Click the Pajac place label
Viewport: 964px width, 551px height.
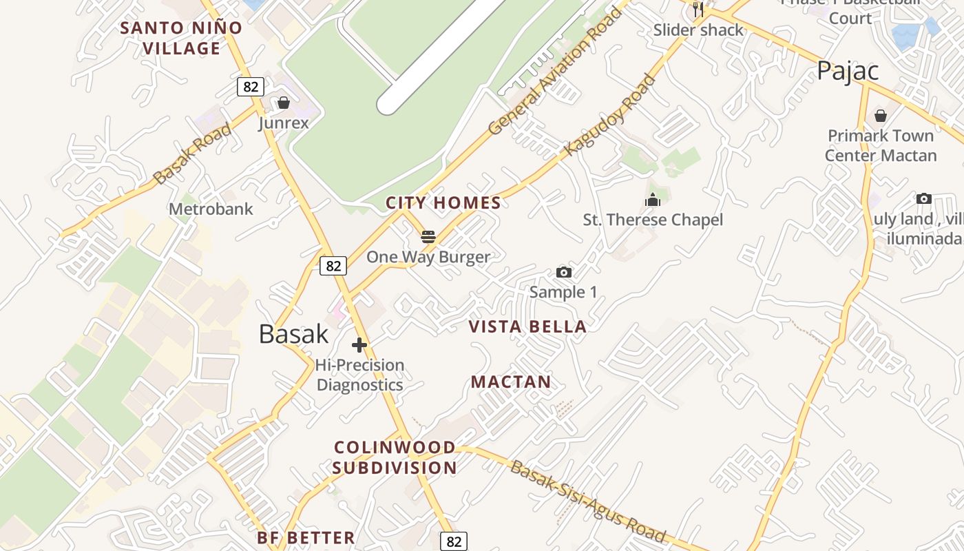(x=848, y=71)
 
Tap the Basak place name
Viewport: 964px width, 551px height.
(x=294, y=334)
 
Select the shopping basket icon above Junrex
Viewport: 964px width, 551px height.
(x=283, y=103)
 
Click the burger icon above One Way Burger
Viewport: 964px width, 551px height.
(x=428, y=237)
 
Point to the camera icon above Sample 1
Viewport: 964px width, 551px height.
(x=563, y=272)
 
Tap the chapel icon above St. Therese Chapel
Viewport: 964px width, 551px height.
(x=653, y=200)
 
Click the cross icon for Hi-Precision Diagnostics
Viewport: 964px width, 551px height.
(x=359, y=345)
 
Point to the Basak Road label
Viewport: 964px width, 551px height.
(x=192, y=154)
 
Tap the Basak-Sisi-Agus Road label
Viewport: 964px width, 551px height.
(x=588, y=501)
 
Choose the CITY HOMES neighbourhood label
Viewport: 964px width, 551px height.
(x=443, y=202)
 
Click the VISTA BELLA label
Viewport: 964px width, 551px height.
(x=527, y=326)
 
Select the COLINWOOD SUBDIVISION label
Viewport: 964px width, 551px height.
(x=395, y=457)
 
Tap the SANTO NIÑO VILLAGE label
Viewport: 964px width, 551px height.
(x=181, y=38)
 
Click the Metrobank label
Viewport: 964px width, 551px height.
(x=211, y=209)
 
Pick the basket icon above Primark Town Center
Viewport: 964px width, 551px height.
(x=880, y=115)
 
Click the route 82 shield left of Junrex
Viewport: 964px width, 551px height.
(x=251, y=87)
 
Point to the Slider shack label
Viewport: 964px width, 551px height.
(x=698, y=30)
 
